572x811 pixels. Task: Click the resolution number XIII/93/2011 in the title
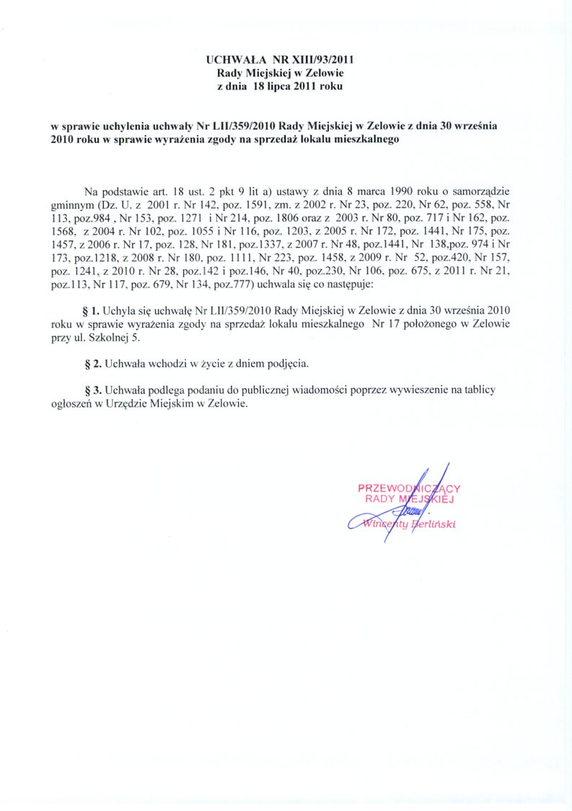321,61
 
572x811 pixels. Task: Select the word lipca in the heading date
283,87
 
